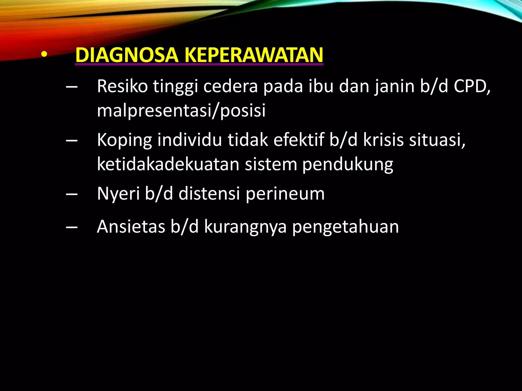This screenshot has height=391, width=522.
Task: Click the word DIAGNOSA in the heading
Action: [127, 55]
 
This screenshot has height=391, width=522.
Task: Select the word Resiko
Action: [122, 86]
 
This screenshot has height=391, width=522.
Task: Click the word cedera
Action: [230, 86]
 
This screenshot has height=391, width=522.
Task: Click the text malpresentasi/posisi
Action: [181, 110]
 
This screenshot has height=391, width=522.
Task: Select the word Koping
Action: [124, 140]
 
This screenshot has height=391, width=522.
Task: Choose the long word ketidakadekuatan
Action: [168, 164]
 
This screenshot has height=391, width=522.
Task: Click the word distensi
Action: [209, 193]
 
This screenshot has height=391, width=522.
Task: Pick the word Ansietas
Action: [131, 226]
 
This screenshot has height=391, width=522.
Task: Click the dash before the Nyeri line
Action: [72, 194]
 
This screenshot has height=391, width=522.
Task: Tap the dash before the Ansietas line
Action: [72, 227]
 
